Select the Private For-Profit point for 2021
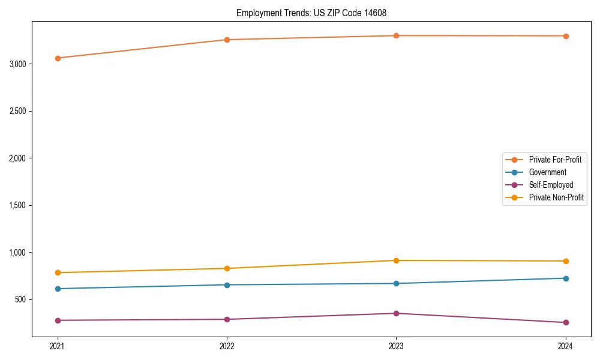coord(58,58)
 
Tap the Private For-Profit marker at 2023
coord(396,36)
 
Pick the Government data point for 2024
coord(566,278)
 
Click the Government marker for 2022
coord(227,285)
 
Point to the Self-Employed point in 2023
coord(396,313)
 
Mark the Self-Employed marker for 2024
coord(566,323)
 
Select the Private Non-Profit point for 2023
coord(396,260)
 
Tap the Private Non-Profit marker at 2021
coord(58,273)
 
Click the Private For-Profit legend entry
coord(555,160)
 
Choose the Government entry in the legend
coord(547,172)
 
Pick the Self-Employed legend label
coord(551,185)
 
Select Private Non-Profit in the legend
coord(556,197)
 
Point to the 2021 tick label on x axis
coord(58,346)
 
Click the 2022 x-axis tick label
coord(227,346)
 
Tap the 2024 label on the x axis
coord(566,346)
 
